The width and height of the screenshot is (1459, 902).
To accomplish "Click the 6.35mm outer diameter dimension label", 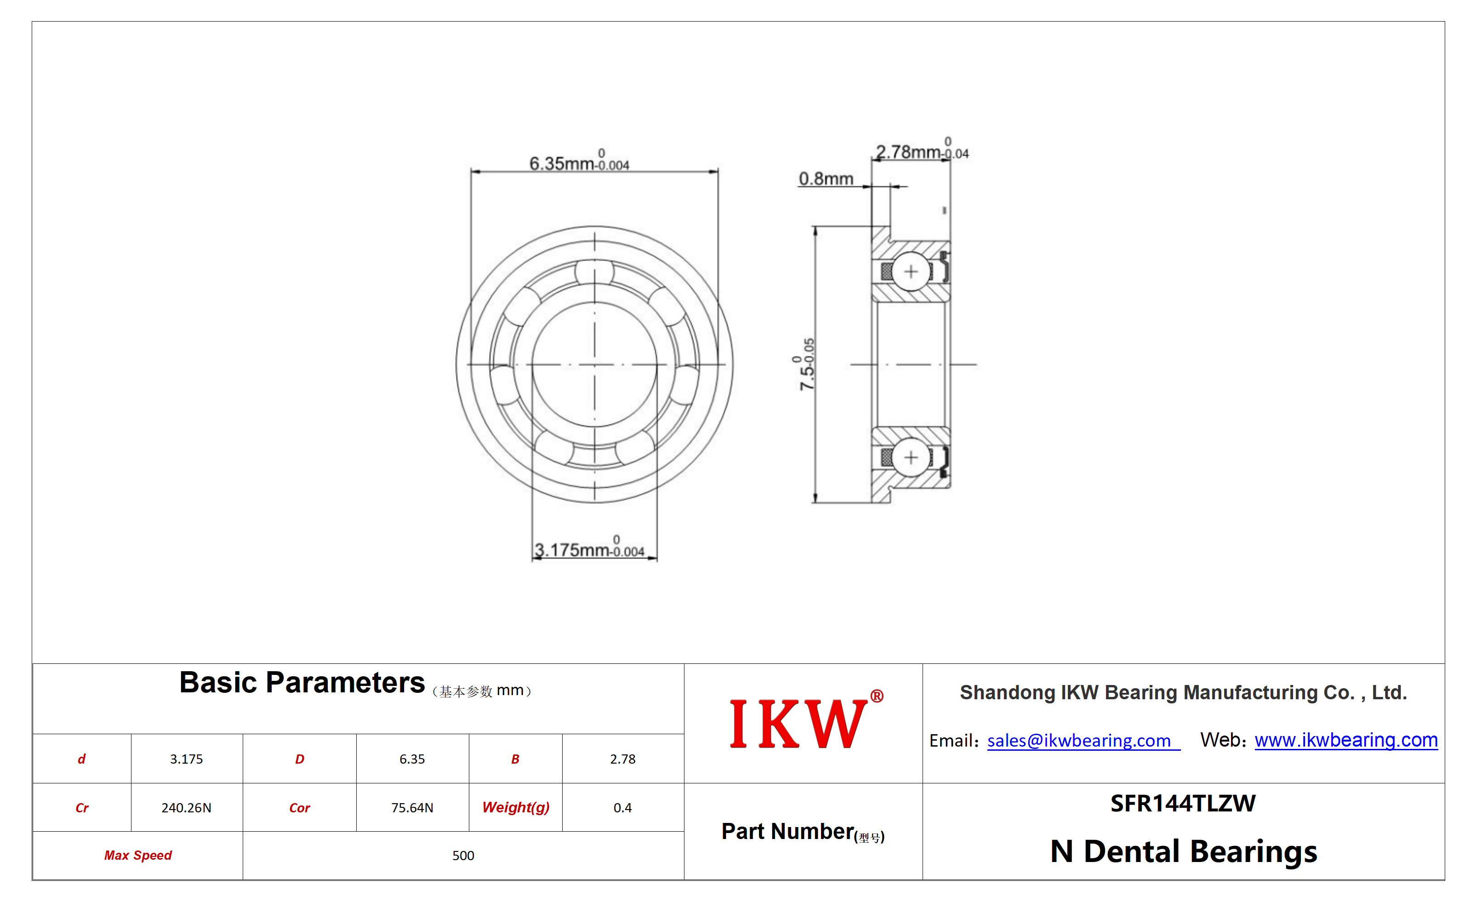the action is tap(579, 160).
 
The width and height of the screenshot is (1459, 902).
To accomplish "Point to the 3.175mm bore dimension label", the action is tap(589, 547).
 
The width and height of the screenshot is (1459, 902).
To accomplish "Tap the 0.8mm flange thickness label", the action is tap(826, 178).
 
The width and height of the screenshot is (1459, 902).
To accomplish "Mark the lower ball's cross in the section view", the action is tap(911, 457).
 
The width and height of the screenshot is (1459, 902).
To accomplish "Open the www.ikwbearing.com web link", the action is tap(1345, 740).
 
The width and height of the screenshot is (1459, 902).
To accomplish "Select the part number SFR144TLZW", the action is tap(1183, 804).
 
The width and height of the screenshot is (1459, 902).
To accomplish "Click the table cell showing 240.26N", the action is tap(186, 807).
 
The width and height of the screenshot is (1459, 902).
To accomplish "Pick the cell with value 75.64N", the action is tap(412, 807).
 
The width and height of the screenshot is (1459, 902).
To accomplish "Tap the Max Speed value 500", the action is tap(463, 856).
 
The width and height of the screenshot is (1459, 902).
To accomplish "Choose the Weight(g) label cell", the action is tap(515, 807).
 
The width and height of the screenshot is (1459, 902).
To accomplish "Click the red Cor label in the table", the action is tap(299, 808).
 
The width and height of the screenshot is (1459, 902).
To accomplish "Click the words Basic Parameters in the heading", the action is tap(302, 682).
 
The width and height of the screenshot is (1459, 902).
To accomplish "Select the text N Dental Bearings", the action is tap(1183, 851).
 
